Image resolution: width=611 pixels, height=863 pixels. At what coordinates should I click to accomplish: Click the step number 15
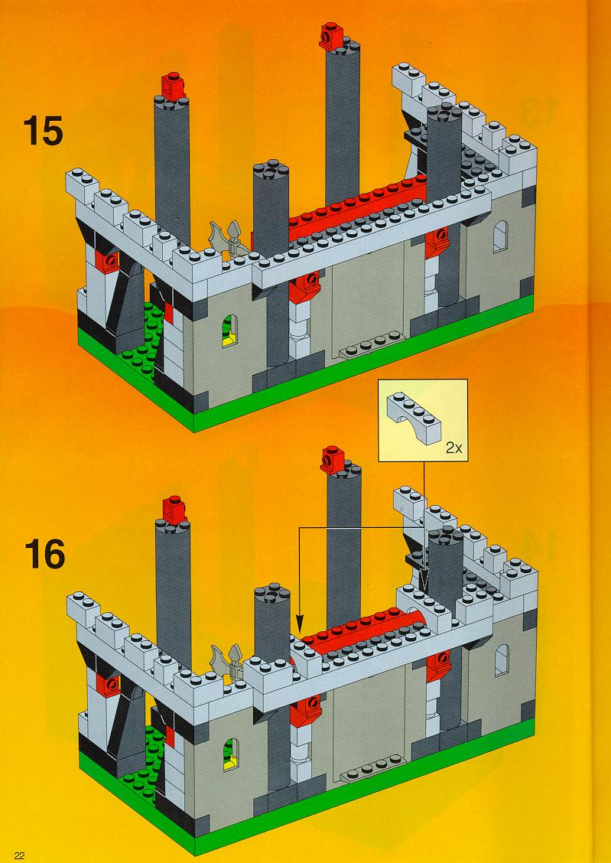click(43, 132)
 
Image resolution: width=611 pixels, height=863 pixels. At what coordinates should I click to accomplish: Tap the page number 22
click(20, 855)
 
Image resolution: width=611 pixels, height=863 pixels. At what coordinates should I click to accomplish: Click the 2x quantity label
click(453, 448)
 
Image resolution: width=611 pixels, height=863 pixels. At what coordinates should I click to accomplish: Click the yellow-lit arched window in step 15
click(231, 331)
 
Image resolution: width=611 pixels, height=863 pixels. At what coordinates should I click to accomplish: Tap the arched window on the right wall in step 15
click(500, 236)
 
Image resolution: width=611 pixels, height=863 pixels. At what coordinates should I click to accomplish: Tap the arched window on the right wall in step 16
click(502, 660)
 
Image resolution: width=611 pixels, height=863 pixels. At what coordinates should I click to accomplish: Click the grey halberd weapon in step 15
click(227, 240)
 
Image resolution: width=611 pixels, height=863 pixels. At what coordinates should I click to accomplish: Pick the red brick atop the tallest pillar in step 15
click(331, 34)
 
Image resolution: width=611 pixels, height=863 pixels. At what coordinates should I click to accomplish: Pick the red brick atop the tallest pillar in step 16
click(333, 459)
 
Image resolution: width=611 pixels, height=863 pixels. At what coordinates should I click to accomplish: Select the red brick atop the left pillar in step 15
click(174, 87)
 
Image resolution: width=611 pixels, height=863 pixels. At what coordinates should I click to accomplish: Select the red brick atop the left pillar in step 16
click(175, 510)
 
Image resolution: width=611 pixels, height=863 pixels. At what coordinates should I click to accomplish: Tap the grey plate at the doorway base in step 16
click(373, 767)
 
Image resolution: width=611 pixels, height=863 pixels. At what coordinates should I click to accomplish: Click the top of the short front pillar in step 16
click(271, 594)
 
